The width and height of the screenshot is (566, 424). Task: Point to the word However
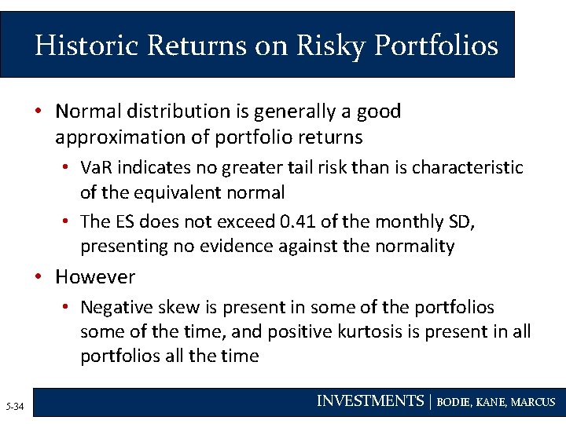pyautogui.click(x=95, y=277)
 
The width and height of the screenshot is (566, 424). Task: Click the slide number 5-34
pyautogui.click(x=14, y=406)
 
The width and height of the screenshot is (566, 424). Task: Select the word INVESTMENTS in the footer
pyautogui.click(x=369, y=401)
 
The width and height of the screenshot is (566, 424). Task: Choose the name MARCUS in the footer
pyautogui.click(x=533, y=402)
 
